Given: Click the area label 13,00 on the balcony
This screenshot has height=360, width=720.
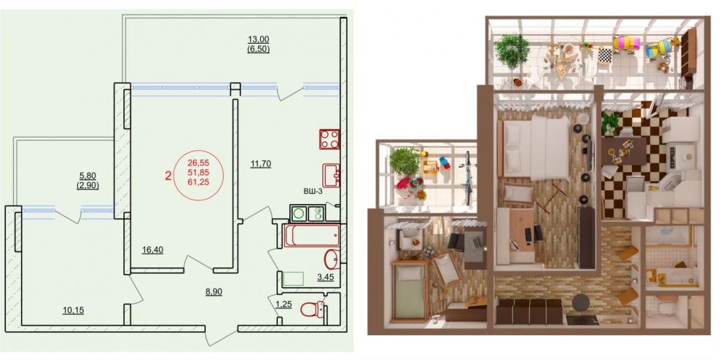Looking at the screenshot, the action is pos(258,40).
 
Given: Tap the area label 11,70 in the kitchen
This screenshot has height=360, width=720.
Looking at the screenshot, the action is pos(260,163).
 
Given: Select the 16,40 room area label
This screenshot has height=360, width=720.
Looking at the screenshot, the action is pos(152,250).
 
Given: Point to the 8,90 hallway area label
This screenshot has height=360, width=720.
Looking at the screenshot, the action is pos(214,291).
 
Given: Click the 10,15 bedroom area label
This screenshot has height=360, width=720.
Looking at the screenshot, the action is pos(74,310).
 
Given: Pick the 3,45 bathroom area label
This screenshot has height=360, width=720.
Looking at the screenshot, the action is pos(326,277).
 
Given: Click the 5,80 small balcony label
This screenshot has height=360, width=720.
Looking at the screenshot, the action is pos(88,176).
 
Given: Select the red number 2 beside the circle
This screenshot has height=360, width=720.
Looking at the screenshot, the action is pos(168,175).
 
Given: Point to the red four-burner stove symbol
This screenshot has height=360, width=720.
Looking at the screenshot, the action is pos(329,139).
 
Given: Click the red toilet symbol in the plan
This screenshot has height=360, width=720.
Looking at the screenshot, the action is pos(313,309).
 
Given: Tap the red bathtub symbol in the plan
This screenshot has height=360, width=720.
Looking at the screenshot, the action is pos(312,235).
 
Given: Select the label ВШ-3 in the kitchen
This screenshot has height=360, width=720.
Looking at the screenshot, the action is pos(313,191).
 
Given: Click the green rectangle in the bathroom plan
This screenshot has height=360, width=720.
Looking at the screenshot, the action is pos(293,279).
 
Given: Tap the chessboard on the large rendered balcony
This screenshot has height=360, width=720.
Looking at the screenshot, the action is pos(604,55).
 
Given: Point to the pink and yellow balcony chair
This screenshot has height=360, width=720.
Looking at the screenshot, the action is pos(626,44).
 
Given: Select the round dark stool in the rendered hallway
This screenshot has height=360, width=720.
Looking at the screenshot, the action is pos(581,303).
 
